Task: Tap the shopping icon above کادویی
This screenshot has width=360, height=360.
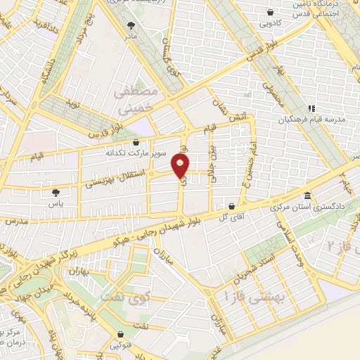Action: pos(270,11)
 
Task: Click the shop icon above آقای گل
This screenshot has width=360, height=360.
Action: pos(231,206)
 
